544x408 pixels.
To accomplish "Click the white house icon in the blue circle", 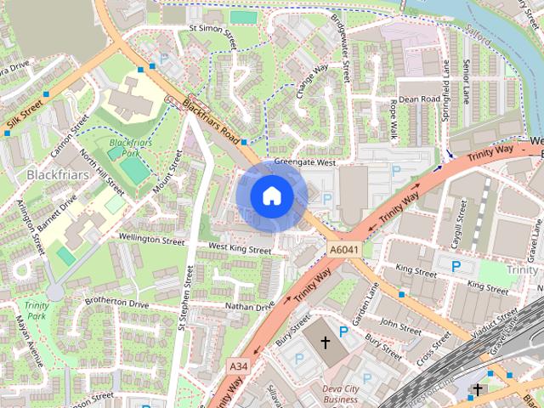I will coord(271,196).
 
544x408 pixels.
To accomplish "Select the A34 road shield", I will coord(239,366).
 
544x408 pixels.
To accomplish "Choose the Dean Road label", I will coord(418,99).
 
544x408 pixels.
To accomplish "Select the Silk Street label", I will coord(24,117).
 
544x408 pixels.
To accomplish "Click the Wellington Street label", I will coord(151,241).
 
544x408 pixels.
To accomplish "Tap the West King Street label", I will coord(240,250).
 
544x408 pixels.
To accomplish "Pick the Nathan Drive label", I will coord(250,305).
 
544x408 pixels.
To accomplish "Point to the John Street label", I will coord(400,326).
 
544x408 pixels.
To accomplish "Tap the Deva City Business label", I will coord(340,394).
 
